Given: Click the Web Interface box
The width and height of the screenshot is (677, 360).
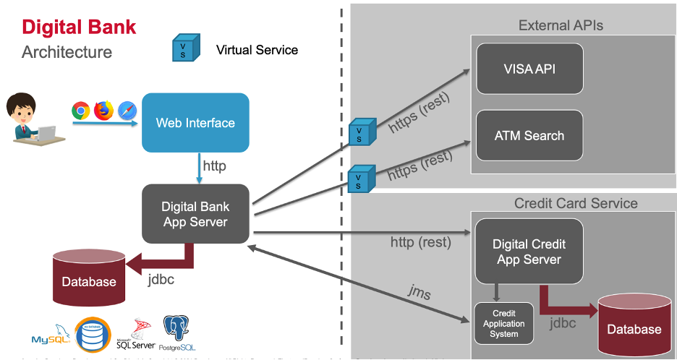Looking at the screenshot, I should (195, 122).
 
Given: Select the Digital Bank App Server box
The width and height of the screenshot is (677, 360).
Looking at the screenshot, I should (195, 213).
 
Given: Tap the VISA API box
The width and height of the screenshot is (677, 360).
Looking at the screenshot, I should (529, 69).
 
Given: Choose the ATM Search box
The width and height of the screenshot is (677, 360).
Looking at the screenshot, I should (529, 135).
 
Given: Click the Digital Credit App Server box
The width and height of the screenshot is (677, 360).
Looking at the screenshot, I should (529, 252).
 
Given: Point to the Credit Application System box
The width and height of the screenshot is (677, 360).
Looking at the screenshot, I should (504, 324).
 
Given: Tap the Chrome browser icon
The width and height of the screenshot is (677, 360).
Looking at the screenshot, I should (81, 111).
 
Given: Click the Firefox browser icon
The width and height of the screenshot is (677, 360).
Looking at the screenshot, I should (104, 111).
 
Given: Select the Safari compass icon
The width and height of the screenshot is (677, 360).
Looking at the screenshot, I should (127, 111).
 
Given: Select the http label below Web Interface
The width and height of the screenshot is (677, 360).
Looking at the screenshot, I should (214, 166).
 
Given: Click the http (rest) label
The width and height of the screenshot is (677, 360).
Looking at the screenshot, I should (420, 242).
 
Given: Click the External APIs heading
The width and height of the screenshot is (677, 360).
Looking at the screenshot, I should (561, 26).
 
